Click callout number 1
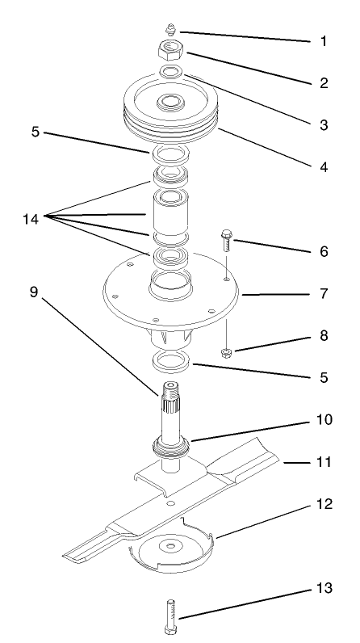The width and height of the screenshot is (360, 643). pyautogui.click(x=324, y=40)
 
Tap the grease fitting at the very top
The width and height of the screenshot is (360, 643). pyautogui.click(x=170, y=29)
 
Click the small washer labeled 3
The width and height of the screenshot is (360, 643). pyautogui.click(x=170, y=73)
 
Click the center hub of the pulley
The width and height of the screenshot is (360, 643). pyautogui.click(x=170, y=103)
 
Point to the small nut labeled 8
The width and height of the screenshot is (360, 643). pyautogui.click(x=226, y=352)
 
